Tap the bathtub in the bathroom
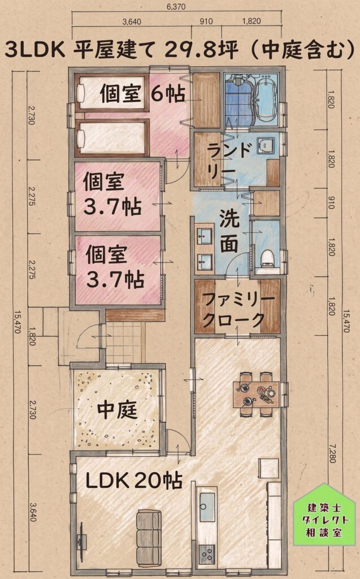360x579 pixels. [267, 100]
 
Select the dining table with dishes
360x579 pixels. [256, 394]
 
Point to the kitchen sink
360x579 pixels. [207, 507]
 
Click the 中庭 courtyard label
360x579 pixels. [117, 410]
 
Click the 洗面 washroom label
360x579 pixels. [229, 231]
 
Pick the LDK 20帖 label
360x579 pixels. [134, 481]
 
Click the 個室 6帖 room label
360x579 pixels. [142, 93]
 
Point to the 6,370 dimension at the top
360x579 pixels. [176, 6]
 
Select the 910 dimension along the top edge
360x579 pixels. [206, 21]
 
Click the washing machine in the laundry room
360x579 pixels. [266, 145]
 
